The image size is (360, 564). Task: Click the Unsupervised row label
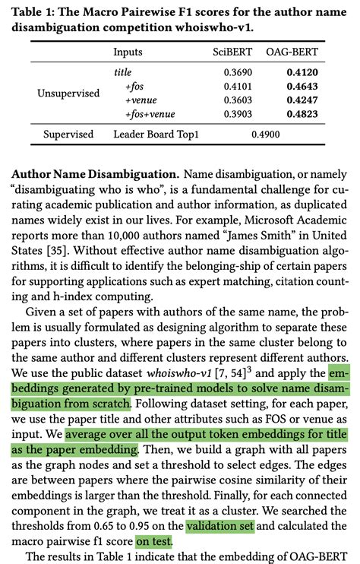tap(68, 93)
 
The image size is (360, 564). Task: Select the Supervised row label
tap(68, 135)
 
